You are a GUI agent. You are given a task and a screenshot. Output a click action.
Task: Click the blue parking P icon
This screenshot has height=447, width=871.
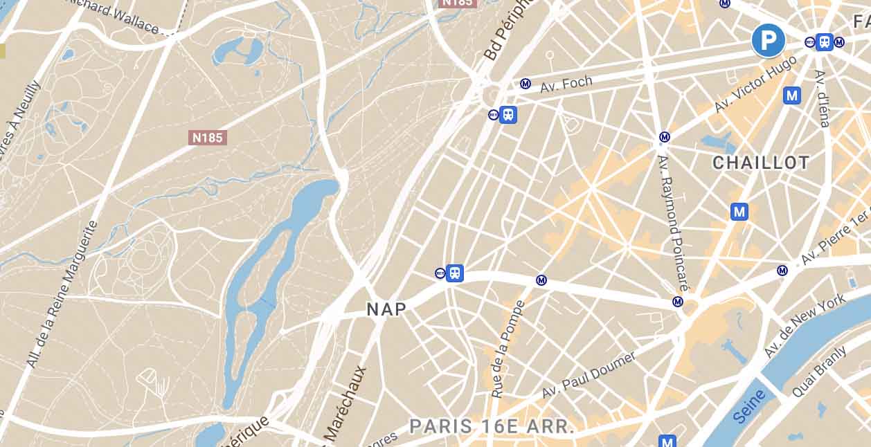click(769, 41)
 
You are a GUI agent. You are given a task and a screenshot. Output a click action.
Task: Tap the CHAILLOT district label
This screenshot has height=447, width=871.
click(761, 163)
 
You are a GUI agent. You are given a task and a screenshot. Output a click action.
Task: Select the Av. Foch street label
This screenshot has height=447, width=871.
click(566, 84)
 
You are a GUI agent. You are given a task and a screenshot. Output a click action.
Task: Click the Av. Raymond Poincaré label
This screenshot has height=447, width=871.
click(672, 221)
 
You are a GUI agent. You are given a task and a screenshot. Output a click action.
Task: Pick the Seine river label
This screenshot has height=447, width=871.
click(749, 406)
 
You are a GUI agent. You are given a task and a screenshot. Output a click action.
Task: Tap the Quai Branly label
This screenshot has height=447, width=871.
click(819, 372)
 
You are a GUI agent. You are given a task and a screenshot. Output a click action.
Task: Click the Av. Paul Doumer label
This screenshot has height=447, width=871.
click(589, 374)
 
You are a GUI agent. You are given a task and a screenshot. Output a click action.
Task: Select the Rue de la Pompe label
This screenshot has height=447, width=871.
click(508, 349)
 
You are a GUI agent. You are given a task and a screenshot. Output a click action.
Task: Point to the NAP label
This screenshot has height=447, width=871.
click(386, 309)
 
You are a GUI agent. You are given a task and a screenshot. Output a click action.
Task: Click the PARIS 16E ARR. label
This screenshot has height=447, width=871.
click(492, 426)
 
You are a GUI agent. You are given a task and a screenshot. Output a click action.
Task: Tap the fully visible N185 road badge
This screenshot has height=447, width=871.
click(208, 138)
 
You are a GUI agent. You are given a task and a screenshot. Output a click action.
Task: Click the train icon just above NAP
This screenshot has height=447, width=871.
click(454, 273)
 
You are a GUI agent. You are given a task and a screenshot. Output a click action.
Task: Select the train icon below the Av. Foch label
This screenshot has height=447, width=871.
click(508, 114)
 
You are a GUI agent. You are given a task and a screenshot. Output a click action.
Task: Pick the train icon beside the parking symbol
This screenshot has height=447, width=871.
click(824, 42)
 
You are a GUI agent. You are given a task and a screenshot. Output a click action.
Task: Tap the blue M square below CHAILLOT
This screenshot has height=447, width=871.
click(739, 212)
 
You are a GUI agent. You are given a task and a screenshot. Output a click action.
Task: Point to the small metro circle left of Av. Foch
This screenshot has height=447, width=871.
click(526, 84)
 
